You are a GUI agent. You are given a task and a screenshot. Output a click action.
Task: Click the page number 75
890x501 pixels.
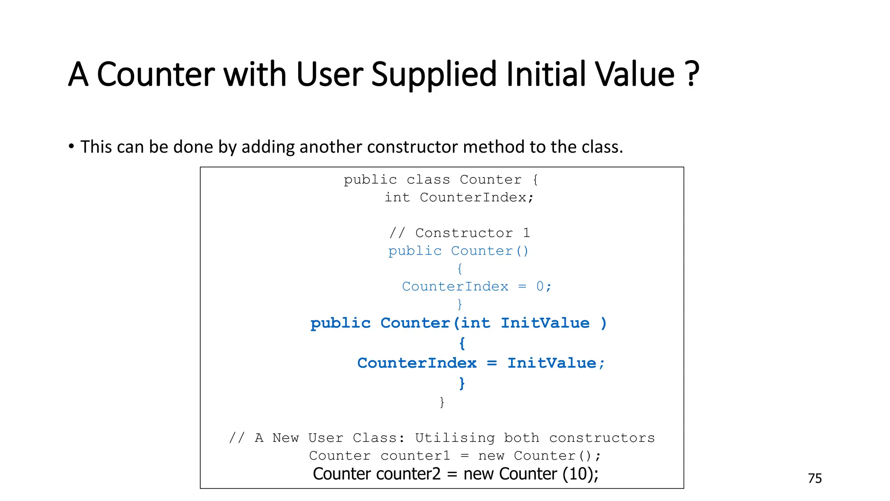click(x=815, y=478)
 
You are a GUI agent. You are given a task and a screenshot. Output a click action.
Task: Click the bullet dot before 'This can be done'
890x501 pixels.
click(x=71, y=147)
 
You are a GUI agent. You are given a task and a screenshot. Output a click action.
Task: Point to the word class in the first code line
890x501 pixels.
click(x=428, y=180)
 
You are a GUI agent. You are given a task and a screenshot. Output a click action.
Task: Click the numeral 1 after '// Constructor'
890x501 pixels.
click(x=526, y=233)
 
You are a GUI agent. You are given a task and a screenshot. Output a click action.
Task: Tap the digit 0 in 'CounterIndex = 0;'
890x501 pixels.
click(x=540, y=287)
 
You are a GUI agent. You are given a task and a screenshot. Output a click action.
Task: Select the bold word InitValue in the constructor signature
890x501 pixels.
click(x=545, y=323)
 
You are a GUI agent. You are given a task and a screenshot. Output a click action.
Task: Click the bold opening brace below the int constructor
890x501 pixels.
click(x=462, y=344)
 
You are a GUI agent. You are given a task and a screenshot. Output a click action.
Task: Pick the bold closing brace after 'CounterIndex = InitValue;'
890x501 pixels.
click(x=462, y=383)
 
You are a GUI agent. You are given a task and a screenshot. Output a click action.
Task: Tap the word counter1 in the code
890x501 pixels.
click(x=415, y=456)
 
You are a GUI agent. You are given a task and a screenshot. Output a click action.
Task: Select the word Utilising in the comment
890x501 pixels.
click(x=455, y=438)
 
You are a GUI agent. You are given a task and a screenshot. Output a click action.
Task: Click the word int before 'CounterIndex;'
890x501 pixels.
click(x=397, y=197)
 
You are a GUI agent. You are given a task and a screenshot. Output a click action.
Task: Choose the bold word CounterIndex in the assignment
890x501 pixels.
click(x=417, y=363)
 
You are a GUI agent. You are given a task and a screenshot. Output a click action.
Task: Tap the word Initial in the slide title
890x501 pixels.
click(x=547, y=74)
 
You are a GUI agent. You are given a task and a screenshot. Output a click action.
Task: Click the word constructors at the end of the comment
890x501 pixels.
click(x=602, y=438)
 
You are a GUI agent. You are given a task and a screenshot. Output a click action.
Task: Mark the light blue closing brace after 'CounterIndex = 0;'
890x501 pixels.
click(x=460, y=304)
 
